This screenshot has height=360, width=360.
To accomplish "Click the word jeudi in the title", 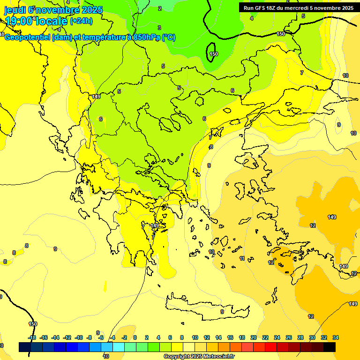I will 15,10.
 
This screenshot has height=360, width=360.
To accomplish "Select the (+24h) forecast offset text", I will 81,21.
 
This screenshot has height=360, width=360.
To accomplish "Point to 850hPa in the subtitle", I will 144,37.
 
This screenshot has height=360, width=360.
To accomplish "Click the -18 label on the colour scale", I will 32,337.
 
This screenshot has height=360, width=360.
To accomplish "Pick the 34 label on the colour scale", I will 336,337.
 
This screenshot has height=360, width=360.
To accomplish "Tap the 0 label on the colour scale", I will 135,337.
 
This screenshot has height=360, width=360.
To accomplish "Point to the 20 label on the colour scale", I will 254,337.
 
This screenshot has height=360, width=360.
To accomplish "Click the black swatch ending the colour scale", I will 330,347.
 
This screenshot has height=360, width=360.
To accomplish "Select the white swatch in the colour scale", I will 189,347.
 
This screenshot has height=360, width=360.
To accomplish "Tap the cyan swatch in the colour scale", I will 119,347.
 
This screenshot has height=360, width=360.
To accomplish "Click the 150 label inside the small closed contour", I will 214,54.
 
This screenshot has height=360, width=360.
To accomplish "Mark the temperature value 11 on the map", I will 242,258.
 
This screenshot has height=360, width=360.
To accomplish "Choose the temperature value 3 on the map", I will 159,28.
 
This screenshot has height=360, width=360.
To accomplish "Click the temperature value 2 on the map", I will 160,8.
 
